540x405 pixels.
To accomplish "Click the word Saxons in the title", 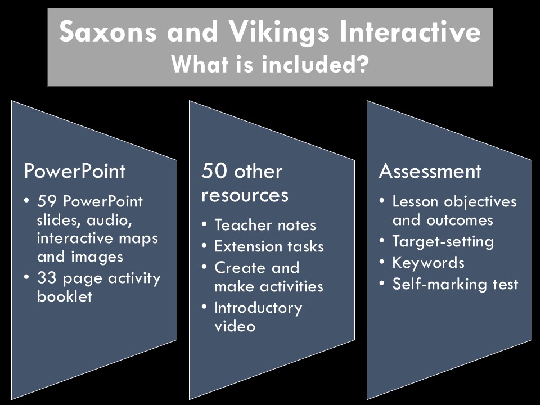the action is pos(108,31).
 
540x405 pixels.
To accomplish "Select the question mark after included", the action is pos(362,64).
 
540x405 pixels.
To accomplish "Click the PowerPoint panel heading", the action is pos(75,171).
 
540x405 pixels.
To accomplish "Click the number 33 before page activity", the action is pos(47,278).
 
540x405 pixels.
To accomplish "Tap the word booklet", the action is pos(64,296).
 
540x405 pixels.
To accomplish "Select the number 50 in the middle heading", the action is pos(212,171).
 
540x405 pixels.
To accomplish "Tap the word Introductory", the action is pos(258,308).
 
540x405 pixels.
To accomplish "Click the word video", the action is pos(235,326).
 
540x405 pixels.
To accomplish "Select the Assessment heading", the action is pos(430,171).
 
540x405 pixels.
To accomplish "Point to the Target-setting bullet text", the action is pos(443,242).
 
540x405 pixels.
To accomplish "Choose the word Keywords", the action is pos(429,263).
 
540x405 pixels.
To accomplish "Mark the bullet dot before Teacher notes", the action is pos(204,224).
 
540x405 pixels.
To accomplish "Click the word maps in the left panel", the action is pos(142,238).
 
